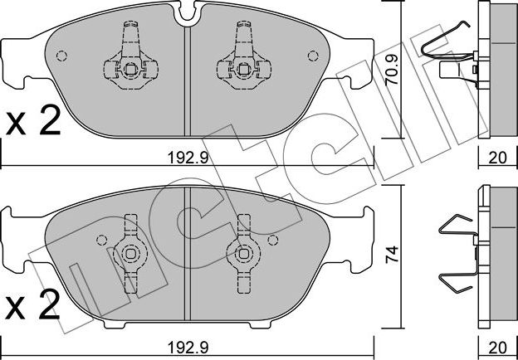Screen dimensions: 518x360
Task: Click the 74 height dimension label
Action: coord(392,254)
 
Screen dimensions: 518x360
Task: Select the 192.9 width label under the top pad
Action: coord(188,158)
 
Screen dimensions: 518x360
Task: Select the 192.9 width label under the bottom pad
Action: coord(188,347)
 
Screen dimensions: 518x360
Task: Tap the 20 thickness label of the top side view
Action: coord(497,158)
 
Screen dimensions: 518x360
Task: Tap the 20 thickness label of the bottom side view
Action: coord(497,347)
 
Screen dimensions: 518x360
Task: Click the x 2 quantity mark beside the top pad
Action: coord(33,121)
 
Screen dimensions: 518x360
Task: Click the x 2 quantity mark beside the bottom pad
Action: coord(33,305)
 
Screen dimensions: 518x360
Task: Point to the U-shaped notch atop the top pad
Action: coord(188,17)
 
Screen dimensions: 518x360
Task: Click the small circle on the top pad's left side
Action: coord(61,56)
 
